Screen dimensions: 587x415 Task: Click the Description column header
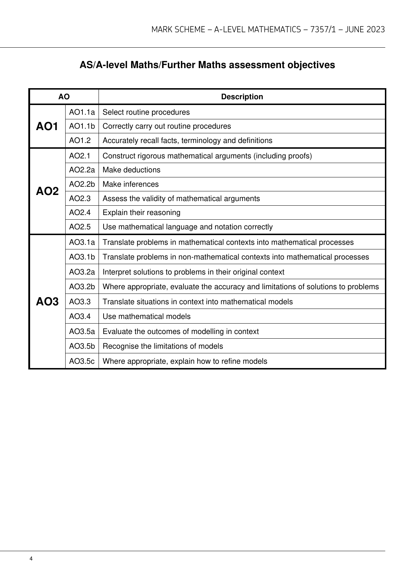tap(242, 97)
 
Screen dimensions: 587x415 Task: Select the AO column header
tap(64, 97)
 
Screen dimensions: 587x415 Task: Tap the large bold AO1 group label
tap(47, 126)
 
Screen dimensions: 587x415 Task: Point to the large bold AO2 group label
tap(47, 191)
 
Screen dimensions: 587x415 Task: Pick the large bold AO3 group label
tap(47, 302)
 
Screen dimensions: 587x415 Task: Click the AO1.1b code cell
tap(82, 126)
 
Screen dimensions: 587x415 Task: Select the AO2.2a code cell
tap(82, 170)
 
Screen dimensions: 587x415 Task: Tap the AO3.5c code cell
tap(82, 361)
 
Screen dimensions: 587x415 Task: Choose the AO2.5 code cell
tap(80, 227)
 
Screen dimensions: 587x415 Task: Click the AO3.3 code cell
tap(80, 302)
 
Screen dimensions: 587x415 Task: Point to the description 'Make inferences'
tap(130, 184)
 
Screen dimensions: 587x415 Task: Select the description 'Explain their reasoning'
tap(142, 213)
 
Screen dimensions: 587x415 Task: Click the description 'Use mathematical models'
tap(147, 316)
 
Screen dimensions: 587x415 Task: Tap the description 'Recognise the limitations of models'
tap(163, 346)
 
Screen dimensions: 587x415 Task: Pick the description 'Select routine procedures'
tap(146, 112)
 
